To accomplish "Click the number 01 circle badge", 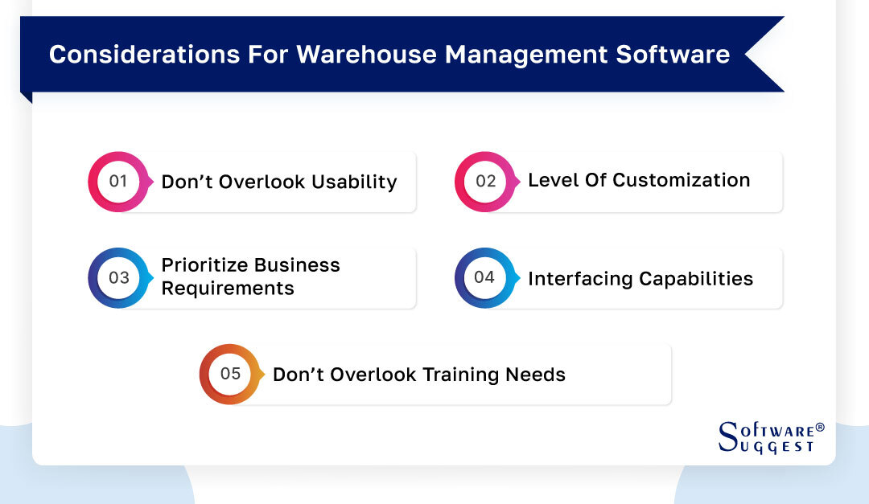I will pyautogui.click(x=118, y=181).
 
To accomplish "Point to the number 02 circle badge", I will pyautogui.click(x=485, y=181).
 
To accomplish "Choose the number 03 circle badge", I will pyautogui.click(x=118, y=277).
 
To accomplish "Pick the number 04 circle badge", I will pyautogui.click(x=484, y=277).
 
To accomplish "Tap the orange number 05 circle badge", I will pyautogui.click(x=230, y=374).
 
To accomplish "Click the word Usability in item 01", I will pyautogui.click(x=355, y=182).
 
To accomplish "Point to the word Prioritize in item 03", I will pyautogui.click(x=204, y=265).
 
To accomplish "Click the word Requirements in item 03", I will pyautogui.click(x=228, y=288).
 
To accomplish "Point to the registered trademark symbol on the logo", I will pyautogui.click(x=820, y=428).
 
